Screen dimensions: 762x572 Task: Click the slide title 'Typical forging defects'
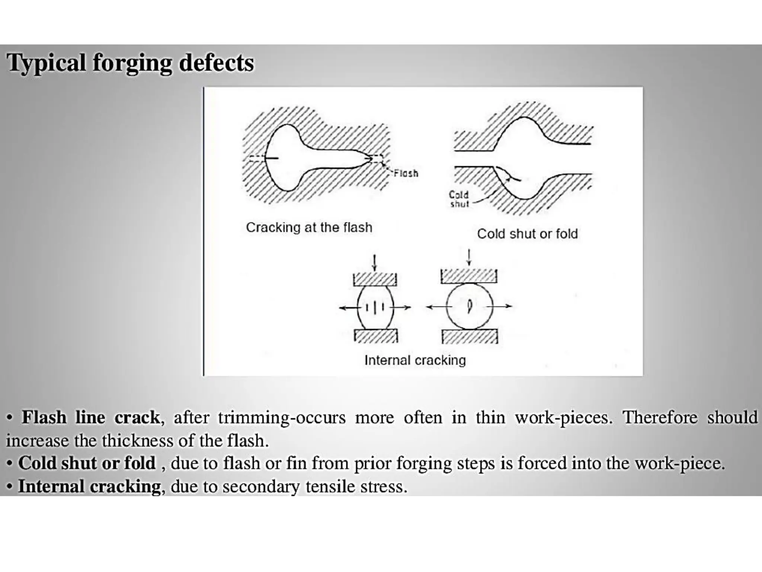point(130,63)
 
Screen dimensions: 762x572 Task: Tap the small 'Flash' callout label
point(406,173)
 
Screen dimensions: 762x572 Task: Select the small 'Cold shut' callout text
point(459,199)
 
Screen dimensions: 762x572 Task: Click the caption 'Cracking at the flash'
point(309,227)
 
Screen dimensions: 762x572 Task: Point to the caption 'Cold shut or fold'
point(527,234)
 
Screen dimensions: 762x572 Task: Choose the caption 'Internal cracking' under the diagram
point(415,360)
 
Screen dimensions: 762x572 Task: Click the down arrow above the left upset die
point(375,263)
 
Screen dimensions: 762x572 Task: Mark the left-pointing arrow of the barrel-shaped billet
point(348,308)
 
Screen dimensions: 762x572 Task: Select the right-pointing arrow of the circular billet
point(502,306)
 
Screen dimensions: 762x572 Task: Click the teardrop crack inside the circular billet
point(470,306)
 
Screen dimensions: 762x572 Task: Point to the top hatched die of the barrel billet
point(375,279)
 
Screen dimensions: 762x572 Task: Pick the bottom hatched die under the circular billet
point(470,336)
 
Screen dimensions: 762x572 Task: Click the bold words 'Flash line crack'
point(91,417)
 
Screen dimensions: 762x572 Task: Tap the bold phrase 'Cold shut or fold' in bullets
point(87,463)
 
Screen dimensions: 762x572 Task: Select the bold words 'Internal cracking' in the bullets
point(90,486)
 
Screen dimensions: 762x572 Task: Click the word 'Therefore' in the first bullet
point(660,417)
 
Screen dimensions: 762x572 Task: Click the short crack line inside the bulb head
point(272,159)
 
